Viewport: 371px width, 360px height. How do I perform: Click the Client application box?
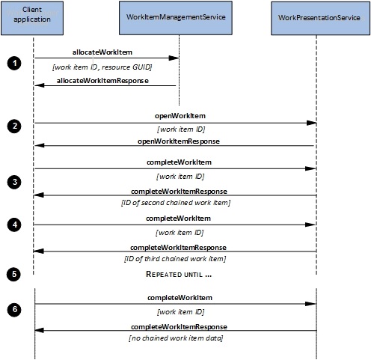pos(32,18)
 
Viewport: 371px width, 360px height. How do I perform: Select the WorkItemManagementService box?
pos(176,18)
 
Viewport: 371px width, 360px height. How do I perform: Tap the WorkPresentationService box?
pos(320,18)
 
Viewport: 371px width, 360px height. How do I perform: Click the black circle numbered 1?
pos(14,64)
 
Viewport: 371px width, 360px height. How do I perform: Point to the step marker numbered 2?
pos(14,126)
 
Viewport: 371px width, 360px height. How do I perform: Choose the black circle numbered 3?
pos(14,182)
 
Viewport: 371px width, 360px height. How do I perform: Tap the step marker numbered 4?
pos(14,225)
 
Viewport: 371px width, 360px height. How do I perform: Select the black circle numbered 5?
pos(13,274)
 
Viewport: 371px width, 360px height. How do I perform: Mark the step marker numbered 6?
pos(14,310)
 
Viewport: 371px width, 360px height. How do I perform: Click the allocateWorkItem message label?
pos(102,52)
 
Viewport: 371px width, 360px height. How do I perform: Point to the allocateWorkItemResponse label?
pos(102,81)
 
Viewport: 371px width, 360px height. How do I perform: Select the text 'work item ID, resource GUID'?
pos(102,67)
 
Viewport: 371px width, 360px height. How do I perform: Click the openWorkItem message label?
pos(180,116)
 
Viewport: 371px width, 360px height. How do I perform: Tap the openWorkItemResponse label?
pos(179,141)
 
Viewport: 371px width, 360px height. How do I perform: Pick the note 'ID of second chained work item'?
pos(176,202)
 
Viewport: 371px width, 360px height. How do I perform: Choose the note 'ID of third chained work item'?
pos(175,258)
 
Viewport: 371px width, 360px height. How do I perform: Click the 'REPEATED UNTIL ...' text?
pos(179,274)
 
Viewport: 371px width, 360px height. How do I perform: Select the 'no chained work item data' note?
pos(176,338)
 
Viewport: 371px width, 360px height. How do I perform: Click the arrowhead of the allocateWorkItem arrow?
pos(174,58)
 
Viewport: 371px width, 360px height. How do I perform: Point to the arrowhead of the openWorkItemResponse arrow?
pos(40,145)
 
